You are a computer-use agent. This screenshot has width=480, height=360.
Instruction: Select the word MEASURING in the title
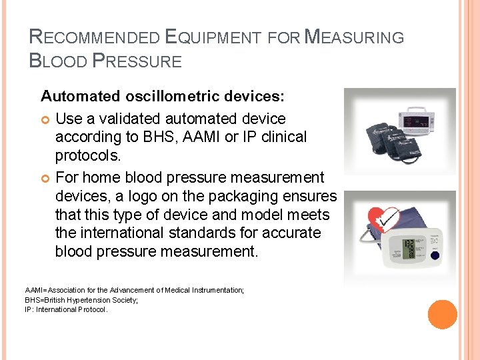coord(353,37)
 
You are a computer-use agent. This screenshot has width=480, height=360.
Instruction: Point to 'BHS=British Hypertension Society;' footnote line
coord(81,300)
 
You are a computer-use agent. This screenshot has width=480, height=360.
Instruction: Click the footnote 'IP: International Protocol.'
coord(66,309)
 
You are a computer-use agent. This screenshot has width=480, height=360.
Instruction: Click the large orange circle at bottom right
coord(443,314)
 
